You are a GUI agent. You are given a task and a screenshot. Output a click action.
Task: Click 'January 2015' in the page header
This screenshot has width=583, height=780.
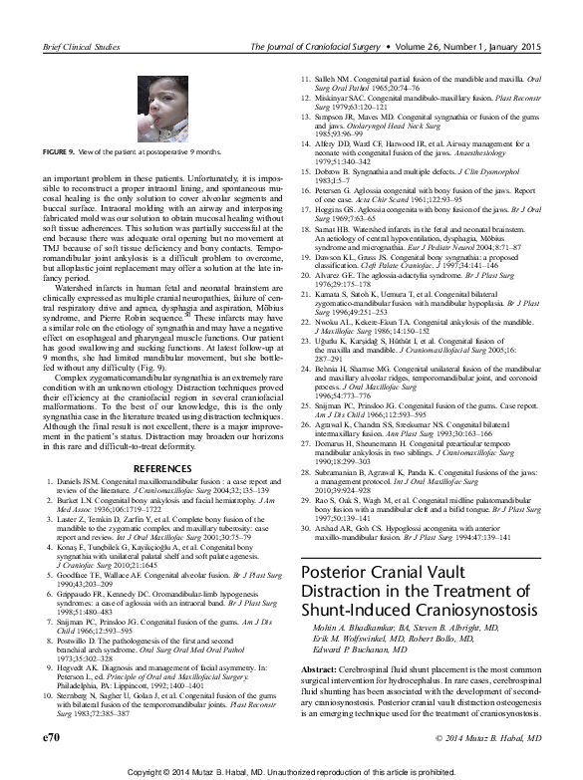pos(521,46)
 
